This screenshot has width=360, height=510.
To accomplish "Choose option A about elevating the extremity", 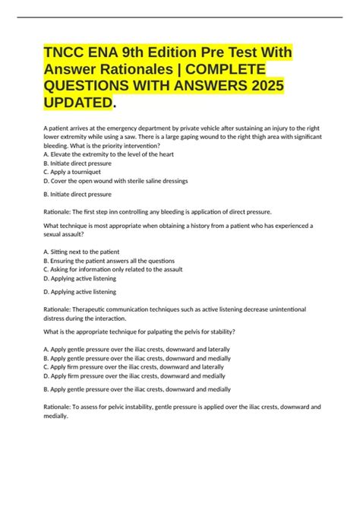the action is (109, 154).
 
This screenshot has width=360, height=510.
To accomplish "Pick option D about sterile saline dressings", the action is (116, 182).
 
